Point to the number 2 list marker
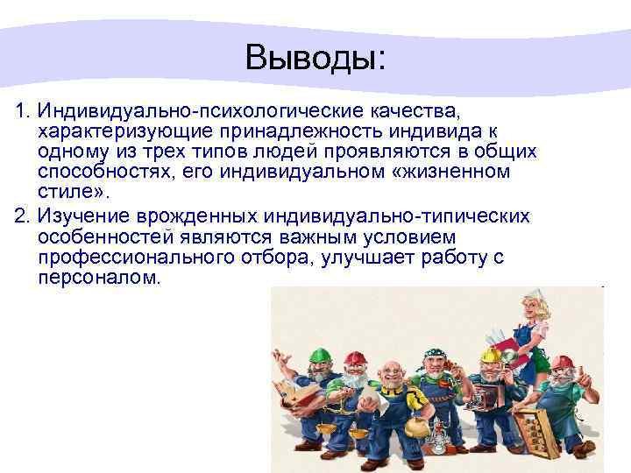click(22, 217)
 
